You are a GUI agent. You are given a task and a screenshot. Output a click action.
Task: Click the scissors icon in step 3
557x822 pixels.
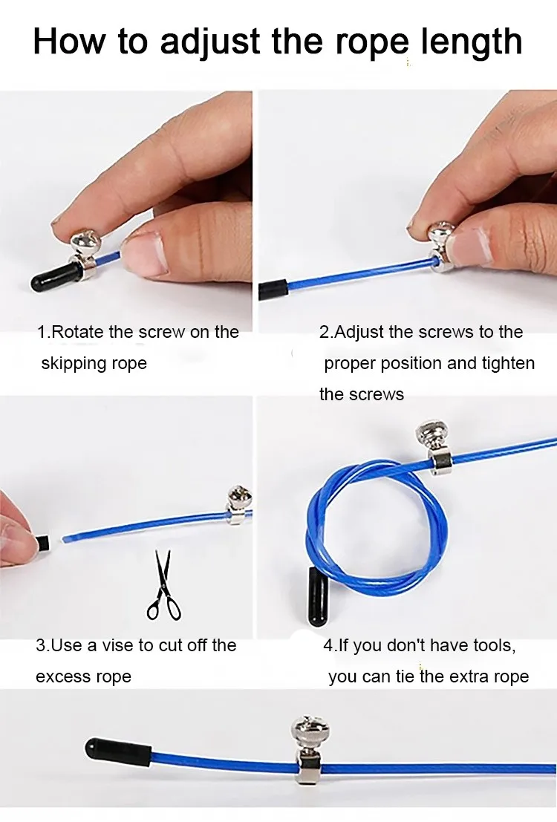[x=163, y=585]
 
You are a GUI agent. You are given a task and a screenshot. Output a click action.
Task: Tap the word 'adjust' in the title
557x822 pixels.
[x=209, y=42]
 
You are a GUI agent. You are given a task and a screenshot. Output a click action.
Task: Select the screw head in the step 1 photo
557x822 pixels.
[x=85, y=242]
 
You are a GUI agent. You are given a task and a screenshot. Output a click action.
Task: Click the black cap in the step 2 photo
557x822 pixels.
[x=273, y=290]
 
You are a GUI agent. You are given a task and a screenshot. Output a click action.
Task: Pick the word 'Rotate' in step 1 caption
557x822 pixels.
[x=78, y=332]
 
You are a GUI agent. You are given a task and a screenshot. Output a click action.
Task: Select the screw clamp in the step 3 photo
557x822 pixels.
[x=239, y=506]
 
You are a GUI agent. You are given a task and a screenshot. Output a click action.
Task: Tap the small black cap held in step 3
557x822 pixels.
[x=43, y=542]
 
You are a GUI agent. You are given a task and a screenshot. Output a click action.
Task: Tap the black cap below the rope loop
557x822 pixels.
[x=318, y=596]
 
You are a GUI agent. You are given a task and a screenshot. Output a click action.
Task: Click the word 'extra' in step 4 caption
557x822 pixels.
[x=469, y=676]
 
